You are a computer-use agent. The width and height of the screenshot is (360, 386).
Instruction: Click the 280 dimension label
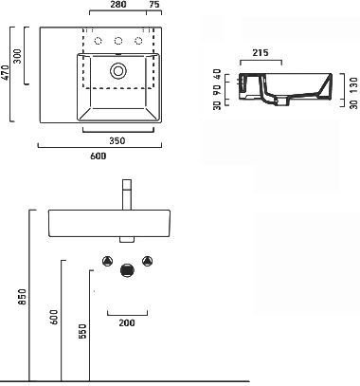(118, 5)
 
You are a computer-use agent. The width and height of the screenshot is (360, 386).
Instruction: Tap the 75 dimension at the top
(153, 5)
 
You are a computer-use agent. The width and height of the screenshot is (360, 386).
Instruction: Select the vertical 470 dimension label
(6, 73)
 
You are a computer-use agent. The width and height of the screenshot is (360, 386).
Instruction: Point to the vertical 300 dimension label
(18, 56)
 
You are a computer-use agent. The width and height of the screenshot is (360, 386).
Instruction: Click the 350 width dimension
(117, 140)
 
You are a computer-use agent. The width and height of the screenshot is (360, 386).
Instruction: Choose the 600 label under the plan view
(99, 156)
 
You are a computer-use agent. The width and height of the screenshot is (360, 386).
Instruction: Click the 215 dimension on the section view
(261, 52)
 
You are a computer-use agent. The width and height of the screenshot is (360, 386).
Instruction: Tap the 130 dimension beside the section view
(354, 84)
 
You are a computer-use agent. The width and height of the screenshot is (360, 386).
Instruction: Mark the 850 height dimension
(23, 297)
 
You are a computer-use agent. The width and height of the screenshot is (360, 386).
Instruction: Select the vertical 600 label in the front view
(54, 317)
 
